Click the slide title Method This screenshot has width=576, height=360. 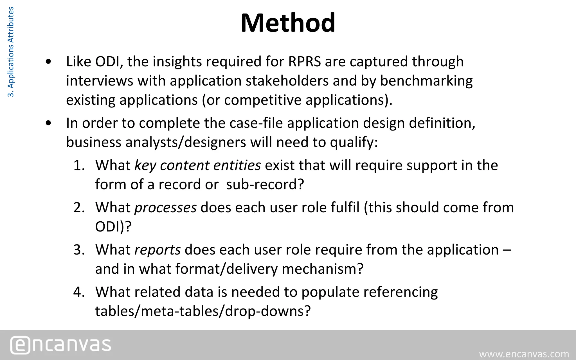click(x=288, y=23)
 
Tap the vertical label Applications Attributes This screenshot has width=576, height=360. click(x=11, y=52)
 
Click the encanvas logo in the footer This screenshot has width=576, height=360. click(x=61, y=345)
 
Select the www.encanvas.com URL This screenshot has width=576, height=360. click(x=524, y=354)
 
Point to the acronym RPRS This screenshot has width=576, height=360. click(x=305, y=62)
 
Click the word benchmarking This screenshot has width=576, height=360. click(x=426, y=81)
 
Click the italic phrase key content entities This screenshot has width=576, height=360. click(x=197, y=165)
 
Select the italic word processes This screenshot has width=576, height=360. click(x=165, y=208)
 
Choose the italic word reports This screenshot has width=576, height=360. click(x=157, y=250)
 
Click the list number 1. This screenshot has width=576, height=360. click(x=79, y=165)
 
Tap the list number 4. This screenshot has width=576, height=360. click(x=79, y=292)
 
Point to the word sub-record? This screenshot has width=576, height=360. click(x=265, y=184)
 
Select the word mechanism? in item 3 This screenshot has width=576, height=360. click(x=323, y=269)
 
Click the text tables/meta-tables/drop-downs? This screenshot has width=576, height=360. click(x=202, y=311)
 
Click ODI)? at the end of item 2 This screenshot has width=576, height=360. click(x=113, y=227)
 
